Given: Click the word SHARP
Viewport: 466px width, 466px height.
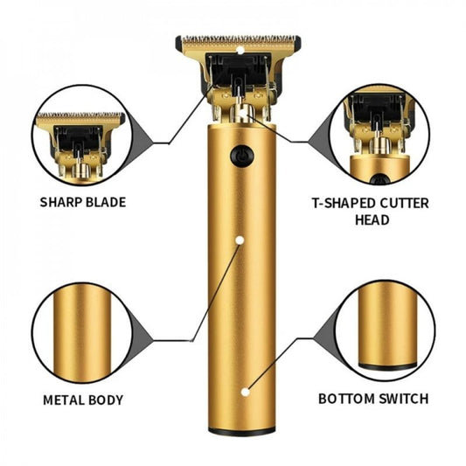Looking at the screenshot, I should point(61,202).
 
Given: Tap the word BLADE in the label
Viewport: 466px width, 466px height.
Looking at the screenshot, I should point(106,202).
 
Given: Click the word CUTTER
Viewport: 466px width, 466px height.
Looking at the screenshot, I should point(404,203).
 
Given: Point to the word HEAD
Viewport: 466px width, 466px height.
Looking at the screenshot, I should point(372,221).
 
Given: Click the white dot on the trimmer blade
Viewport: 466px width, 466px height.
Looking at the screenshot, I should point(241,50).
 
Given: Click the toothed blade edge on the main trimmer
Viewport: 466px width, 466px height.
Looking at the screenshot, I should point(240,40).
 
